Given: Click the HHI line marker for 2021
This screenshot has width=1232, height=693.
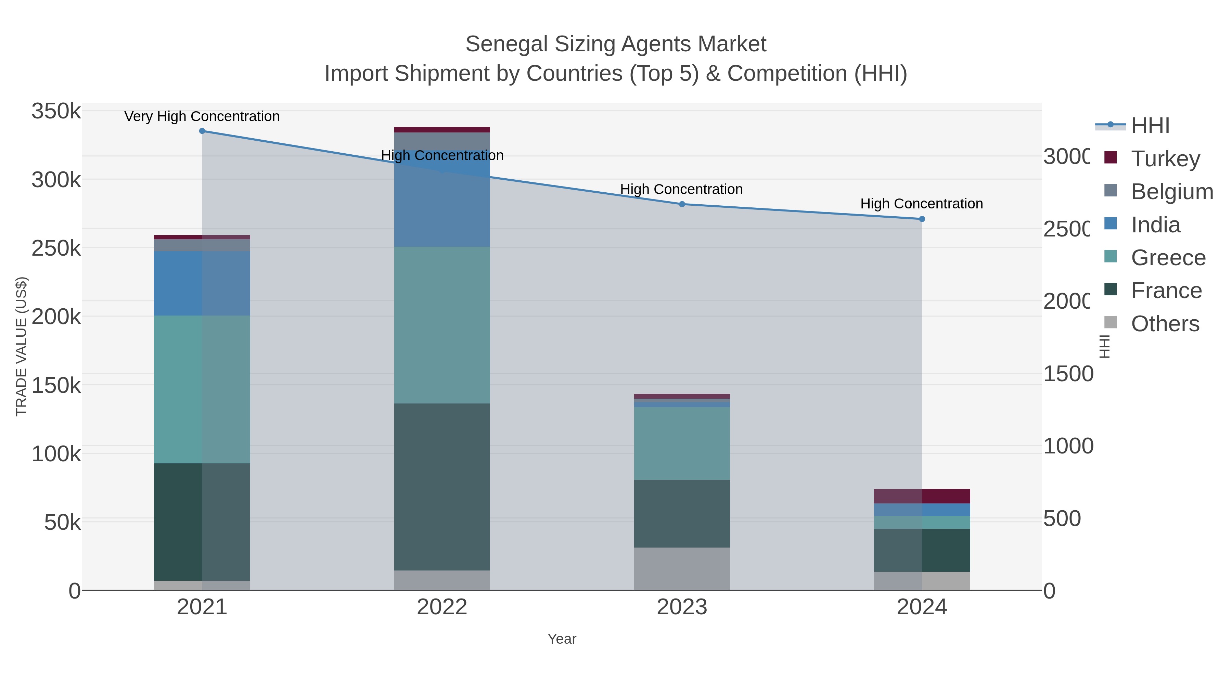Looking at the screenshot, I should pyautogui.click(x=202, y=131).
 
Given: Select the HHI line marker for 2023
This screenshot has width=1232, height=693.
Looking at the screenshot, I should pyautogui.click(x=682, y=204).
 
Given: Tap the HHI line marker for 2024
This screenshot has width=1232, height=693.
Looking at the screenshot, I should pyautogui.click(x=922, y=219).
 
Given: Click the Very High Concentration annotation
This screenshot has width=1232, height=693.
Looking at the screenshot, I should pyautogui.click(x=202, y=116).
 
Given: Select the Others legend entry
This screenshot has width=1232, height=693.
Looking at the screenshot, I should pyautogui.click(x=1165, y=324).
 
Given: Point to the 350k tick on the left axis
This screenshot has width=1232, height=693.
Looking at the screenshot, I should pyautogui.click(x=56, y=112).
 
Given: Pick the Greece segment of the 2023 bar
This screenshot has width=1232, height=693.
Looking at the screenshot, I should pyautogui.click(x=682, y=443).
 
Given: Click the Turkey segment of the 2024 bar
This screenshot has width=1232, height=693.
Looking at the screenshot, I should pyautogui.click(x=922, y=496).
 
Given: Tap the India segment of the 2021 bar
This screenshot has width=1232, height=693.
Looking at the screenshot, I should pyautogui.click(x=202, y=283).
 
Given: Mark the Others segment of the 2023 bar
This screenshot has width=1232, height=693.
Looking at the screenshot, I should pyautogui.click(x=682, y=569).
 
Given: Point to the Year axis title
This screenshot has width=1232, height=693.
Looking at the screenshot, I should pyautogui.click(x=562, y=639).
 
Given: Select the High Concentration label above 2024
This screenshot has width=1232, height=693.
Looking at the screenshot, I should pyautogui.click(x=922, y=204).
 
